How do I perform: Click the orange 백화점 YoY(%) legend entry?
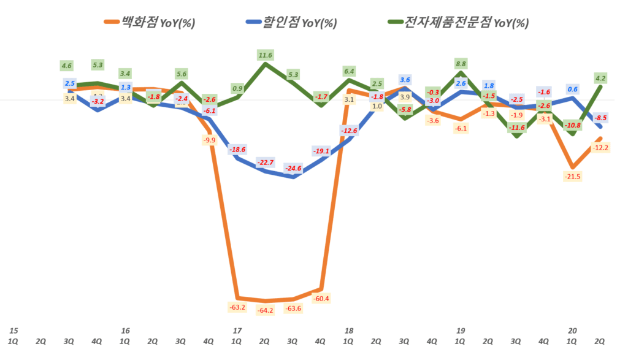(150, 23)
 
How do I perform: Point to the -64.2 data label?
(265, 310)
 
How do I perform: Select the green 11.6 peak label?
(265, 55)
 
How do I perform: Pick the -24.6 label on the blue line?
(293, 168)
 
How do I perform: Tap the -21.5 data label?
(572, 177)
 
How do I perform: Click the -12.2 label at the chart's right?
(600, 147)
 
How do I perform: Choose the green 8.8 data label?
(461, 63)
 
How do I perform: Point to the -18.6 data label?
(237, 150)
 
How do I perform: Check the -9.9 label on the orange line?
(209, 140)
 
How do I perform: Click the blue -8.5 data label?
(600, 118)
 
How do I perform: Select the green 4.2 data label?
(600, 78)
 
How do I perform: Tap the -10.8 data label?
(572, 126)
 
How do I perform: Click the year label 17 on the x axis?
(237, 331)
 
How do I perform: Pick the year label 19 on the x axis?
(461, 331)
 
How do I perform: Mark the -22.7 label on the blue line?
(265, 163)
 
